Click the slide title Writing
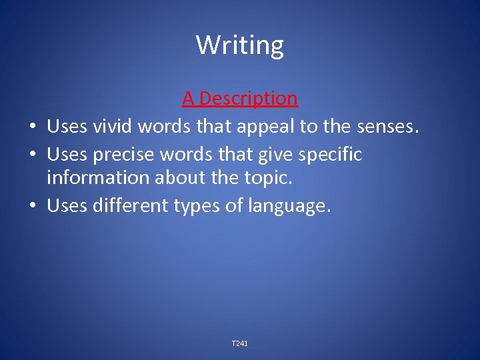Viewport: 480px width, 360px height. (240, 45)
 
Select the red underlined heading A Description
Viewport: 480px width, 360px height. (240, 99)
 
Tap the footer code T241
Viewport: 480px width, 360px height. (240, 343)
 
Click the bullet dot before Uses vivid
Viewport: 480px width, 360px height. (31, 127)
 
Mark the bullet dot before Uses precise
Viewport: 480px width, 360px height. (31, 155)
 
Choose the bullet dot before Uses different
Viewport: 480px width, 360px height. (31, 207)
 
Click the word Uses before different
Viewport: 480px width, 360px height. (67, 206)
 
